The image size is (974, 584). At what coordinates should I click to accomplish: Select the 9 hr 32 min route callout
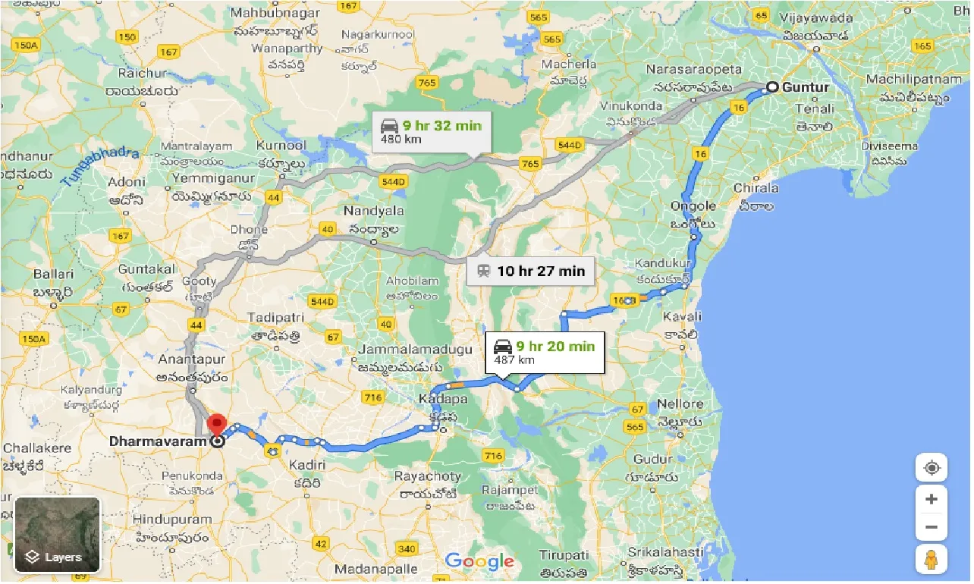point(432,132)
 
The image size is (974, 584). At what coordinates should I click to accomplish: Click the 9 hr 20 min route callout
point(545,352)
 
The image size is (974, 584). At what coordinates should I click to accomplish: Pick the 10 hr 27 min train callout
point(530,271)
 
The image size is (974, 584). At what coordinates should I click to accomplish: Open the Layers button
point(57,535)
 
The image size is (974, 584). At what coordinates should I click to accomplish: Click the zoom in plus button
point(932,500)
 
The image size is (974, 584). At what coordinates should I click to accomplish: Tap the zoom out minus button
point(932,528)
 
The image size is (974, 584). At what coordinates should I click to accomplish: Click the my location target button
point(932,468)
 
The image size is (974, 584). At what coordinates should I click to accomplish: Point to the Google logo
point(479,562)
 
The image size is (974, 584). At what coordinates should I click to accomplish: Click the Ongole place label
point(693,206)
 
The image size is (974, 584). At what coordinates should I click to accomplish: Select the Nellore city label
point(680,404)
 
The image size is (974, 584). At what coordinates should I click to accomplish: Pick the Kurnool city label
point(281,146)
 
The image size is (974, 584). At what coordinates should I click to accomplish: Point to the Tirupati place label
point(564,556)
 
